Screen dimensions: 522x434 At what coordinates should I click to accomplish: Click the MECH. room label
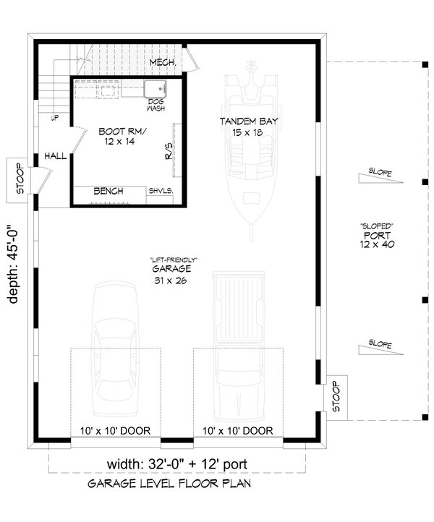tap(163, 64)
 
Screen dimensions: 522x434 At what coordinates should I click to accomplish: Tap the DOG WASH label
tap(156, 104)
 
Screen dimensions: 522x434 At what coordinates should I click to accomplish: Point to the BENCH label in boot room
tap(108, 191)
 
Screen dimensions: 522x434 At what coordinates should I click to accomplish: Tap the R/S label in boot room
tap(169, 153)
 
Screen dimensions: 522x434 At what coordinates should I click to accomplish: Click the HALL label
tap(55, 155)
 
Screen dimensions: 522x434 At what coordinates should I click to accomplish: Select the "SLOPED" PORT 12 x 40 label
tap(377, 236)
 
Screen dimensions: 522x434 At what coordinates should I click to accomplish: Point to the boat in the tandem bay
tap(250, 145)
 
